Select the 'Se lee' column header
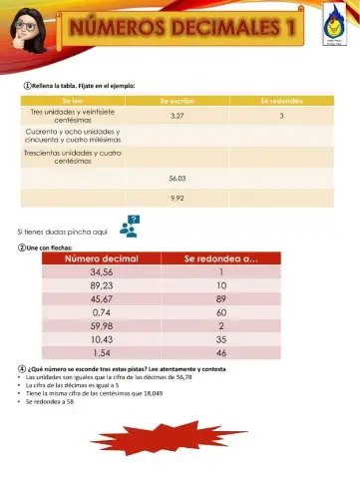pos(75,102)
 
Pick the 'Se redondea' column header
pos(283,102)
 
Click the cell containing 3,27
pos(178,117)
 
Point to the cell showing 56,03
pos(178,178)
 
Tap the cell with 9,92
pos(178,198)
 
